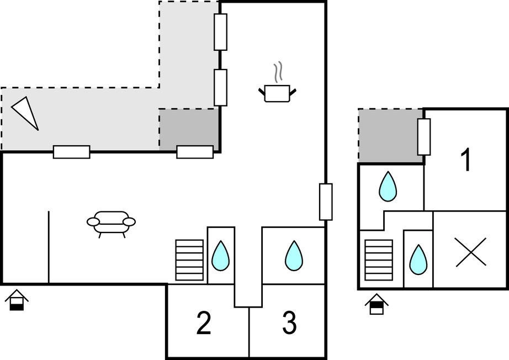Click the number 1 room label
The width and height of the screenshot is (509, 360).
tap(466, 160)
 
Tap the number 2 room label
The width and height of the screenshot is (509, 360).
tap(204, 323)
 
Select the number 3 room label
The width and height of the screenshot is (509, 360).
tap(289, 323)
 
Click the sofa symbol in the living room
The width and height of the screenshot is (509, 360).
tap(111, 222)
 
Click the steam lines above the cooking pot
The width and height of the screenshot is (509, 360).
tap(279, 72)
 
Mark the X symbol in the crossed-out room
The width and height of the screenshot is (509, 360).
tap(471, 252)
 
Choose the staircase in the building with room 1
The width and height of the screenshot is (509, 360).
tap(379, 260)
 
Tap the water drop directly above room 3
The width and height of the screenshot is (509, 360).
tap(294, 256)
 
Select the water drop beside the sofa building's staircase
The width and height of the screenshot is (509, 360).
tap(221, 256)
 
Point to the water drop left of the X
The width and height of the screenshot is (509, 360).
tap(417, 260)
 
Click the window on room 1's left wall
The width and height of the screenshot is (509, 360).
tap(423, 136)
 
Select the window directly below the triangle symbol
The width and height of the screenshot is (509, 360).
tap(71, 152)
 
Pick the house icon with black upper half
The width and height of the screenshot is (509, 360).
tap(377, 304)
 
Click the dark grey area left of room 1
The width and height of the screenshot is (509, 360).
tap(390, 136)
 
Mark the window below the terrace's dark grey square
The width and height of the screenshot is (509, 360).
tap(195, 152)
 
